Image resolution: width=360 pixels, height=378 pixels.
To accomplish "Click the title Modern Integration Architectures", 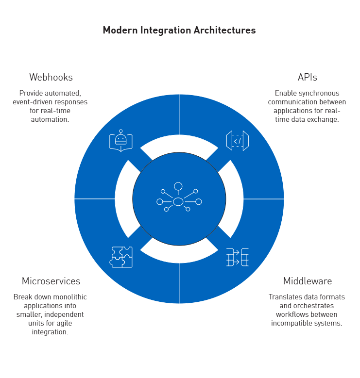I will tap(179, 30).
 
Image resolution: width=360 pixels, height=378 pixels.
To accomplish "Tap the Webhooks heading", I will tap(51, 77).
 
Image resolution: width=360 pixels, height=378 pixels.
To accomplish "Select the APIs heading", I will tap(307, 77).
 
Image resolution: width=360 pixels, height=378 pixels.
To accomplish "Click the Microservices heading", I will tap(51, 281).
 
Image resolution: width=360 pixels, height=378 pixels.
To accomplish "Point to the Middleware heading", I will tap(308, 281).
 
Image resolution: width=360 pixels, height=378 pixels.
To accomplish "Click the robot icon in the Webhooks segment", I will tap(120, 141).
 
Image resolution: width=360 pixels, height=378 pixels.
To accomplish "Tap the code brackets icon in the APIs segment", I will tap(237, 141).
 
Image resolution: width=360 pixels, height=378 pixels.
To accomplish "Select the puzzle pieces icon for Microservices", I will tap(120, 257).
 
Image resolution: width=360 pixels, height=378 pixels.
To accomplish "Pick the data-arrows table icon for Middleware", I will tap(237, 257).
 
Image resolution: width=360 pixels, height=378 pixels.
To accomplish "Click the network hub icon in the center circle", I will tap(179, 199).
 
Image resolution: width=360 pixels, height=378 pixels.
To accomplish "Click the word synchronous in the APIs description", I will tap(320, 93).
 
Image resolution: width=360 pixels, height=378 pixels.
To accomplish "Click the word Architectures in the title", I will tap(226, 30).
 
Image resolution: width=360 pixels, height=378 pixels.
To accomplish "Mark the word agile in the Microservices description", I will tap(74, 323).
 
